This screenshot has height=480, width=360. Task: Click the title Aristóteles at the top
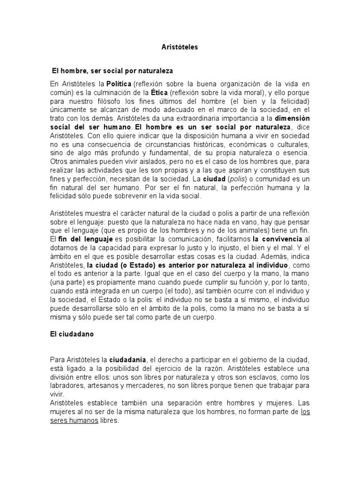tap(180, 47)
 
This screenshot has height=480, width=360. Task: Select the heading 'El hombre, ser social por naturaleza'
tap(112, 71)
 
